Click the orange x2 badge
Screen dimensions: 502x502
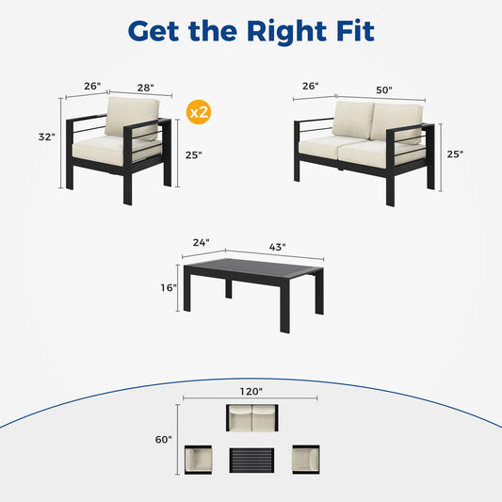pos(199,112)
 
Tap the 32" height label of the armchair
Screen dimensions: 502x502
pos(47,137)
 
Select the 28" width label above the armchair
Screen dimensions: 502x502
pos(146,88)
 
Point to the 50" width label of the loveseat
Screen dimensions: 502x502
pos(384,90)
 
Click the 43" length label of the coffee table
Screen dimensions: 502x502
pos(277,247)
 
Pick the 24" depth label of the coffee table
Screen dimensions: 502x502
pos(202,243)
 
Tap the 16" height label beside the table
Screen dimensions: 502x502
pos(169,288)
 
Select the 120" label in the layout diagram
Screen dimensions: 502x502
pos(251,392)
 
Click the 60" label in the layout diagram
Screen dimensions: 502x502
pos(163,440)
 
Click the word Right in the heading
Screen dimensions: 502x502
pos(287,32)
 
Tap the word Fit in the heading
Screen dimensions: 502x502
pos(355,31)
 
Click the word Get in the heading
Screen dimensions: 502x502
pos(154,31)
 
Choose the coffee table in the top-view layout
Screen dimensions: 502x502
pos(251,460)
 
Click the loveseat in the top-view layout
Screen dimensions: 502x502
pos(252,418)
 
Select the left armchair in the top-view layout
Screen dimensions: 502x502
pos(198,460)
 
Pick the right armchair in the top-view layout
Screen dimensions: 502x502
pos(306,460)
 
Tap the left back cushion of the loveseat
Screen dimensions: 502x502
pos(352,120)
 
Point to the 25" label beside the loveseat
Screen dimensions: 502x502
pos(455,154)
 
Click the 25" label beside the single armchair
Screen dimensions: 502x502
pos(194,155)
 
